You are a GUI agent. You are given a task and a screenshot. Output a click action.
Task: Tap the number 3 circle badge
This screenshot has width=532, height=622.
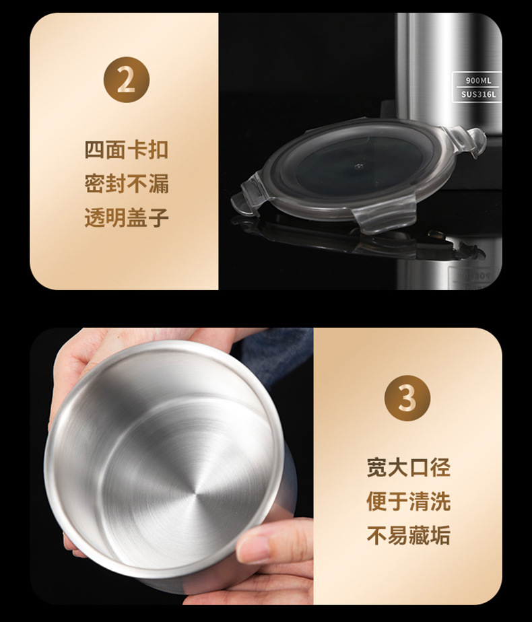tap(407, 399)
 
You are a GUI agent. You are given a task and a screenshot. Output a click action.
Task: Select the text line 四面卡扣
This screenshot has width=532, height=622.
tap(126, 149)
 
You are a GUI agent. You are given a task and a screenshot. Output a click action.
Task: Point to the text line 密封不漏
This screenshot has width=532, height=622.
tap(126, 184)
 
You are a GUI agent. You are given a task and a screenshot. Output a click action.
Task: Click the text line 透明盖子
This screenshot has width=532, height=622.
tap(126, 218)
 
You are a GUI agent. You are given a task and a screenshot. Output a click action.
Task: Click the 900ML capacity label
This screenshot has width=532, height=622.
tap(478, 81)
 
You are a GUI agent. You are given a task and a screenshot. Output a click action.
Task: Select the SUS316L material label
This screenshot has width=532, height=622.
tap(478, 95)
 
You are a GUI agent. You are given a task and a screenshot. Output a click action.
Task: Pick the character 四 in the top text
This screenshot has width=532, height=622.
tap(95, 149)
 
